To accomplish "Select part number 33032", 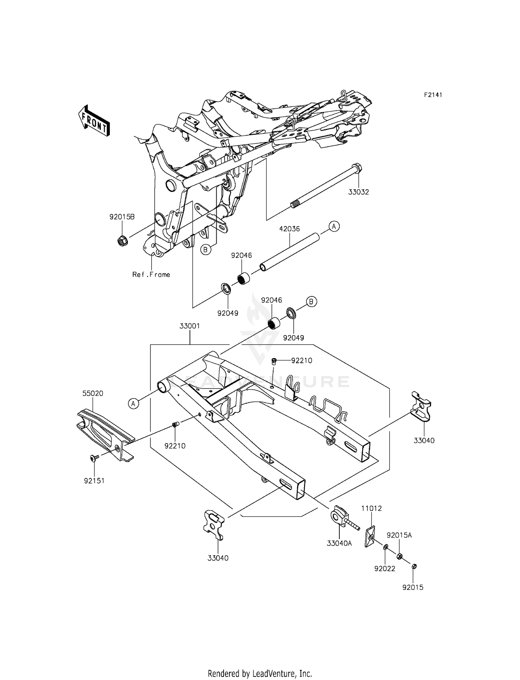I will pos(358,192).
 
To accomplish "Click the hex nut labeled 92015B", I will pos(122,240).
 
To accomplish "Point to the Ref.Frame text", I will pos(151,274).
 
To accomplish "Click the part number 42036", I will pos(289,229).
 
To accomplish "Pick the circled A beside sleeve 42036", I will pos(334,226).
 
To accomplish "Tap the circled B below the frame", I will pos(206,249).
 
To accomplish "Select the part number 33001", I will pos(190,326).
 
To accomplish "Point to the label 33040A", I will pos(339,543).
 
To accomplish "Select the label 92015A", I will pos(399,535).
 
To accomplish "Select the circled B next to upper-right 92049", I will pos(311,302).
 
